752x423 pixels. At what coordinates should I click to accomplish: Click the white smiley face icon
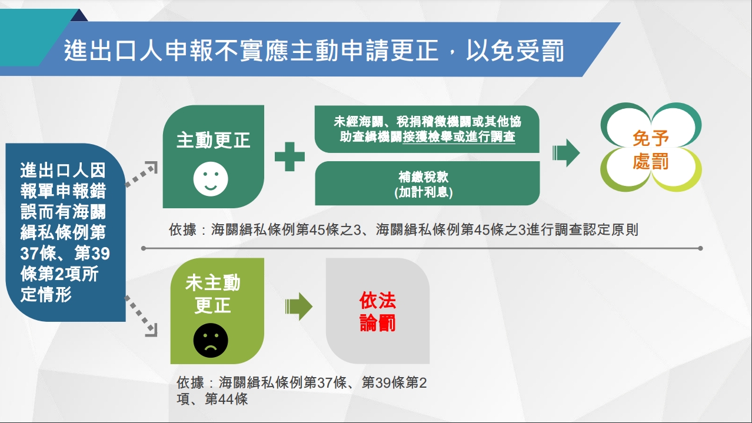pyautogui.click(x=211, y=179)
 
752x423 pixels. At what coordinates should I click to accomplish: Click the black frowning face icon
pyautogui.click(x=211, y=341)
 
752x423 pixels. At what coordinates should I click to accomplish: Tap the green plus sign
pyautogui.click(x=290, y=156)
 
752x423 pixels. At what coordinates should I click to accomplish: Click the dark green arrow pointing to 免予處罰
pyautogui.click(x=566, y=153)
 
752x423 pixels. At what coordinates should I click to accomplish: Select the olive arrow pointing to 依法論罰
pyautogui.click(x=299, y=307)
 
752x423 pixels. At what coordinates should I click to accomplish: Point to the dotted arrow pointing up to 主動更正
pyautogui.click(x=141, y=174)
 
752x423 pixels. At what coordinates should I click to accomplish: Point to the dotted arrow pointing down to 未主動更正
pyautogui.click(x=141, y=316)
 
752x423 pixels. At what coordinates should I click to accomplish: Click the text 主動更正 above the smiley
pyautogui.click(x=213, y=140)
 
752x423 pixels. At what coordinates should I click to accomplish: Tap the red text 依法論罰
pyautogui.click(x=378, y=311)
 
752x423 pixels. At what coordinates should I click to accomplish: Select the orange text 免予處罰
pyautogui.click(x=651, y=150)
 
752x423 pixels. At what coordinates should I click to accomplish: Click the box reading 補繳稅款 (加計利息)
pyautogui.click(x=427, y=184)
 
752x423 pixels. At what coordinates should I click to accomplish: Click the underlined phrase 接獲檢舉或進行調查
pyautogui.click(x=458, y=136)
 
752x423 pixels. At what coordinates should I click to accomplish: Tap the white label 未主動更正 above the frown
pyautogui.click(x=212, y=294)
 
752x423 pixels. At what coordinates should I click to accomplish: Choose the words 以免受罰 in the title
pyautogui.click(x=515, y=51)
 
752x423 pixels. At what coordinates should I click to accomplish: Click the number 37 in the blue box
pyautogui.click(x=29, y=254)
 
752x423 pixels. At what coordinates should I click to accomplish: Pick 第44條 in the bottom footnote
pyautogui.click(x=226, y=399)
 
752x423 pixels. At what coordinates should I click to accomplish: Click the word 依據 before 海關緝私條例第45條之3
pyautogui.click(x=182, y=230)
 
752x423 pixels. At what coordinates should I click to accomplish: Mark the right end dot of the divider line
pyautogui.click(x=700, y=248)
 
